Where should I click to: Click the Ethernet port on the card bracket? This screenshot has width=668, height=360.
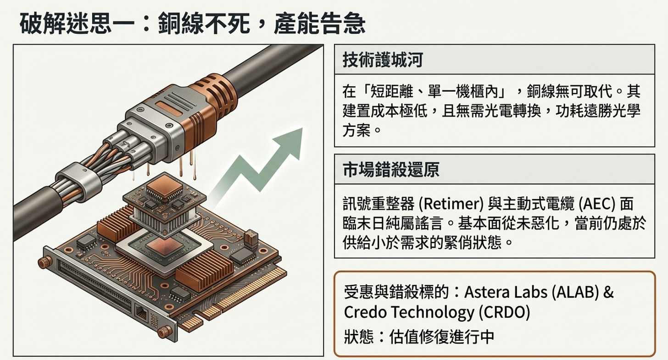point(141,313)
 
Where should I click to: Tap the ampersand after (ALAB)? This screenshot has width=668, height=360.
point(608,292)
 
